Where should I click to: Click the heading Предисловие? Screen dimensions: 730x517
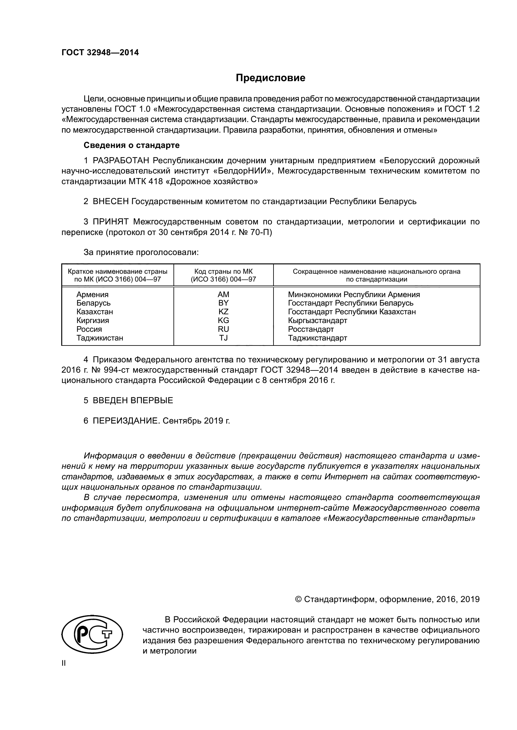coord(270,78)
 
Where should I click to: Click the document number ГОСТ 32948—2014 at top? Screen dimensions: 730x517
coord(100,53)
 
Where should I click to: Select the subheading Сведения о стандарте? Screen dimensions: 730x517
coord(132,145)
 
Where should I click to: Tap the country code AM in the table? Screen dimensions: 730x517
coord(223,294)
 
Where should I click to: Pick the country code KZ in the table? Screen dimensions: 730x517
coord(223,311)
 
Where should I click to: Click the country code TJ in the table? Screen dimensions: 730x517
coord(223,338)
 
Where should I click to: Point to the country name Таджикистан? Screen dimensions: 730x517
coord(100,338)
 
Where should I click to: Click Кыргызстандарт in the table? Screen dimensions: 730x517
coord(317,320)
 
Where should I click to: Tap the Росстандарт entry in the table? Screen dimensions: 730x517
coord(311,329)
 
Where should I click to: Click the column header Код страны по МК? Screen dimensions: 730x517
coord(223,272)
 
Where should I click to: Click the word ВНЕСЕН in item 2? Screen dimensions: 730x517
coord(110,201)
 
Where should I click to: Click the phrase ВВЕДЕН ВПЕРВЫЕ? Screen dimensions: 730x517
coord(133,400)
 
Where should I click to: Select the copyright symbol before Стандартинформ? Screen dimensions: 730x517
coord(298,599)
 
